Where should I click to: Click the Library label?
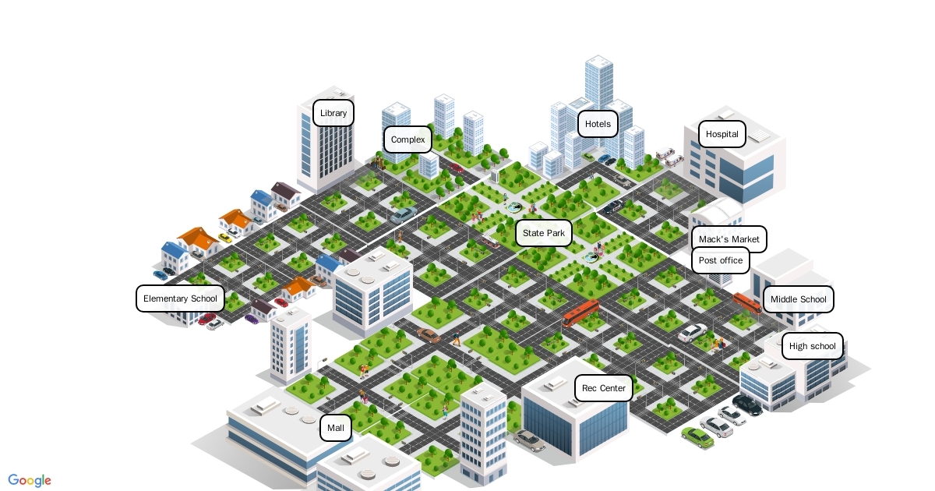333,113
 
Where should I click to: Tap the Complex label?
408,140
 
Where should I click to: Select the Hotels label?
598,124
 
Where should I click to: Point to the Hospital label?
722,134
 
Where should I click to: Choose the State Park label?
544,233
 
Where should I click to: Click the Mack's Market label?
729,239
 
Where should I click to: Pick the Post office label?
720,260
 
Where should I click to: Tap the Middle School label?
798,299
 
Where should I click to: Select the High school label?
812,346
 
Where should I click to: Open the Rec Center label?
603,388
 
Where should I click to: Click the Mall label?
336,428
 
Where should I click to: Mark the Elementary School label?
180,298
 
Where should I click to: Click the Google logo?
30,480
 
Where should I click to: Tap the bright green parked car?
697,437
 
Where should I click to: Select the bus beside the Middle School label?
746,302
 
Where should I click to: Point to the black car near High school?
747,404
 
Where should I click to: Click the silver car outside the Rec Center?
529,440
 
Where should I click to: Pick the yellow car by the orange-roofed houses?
225,237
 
